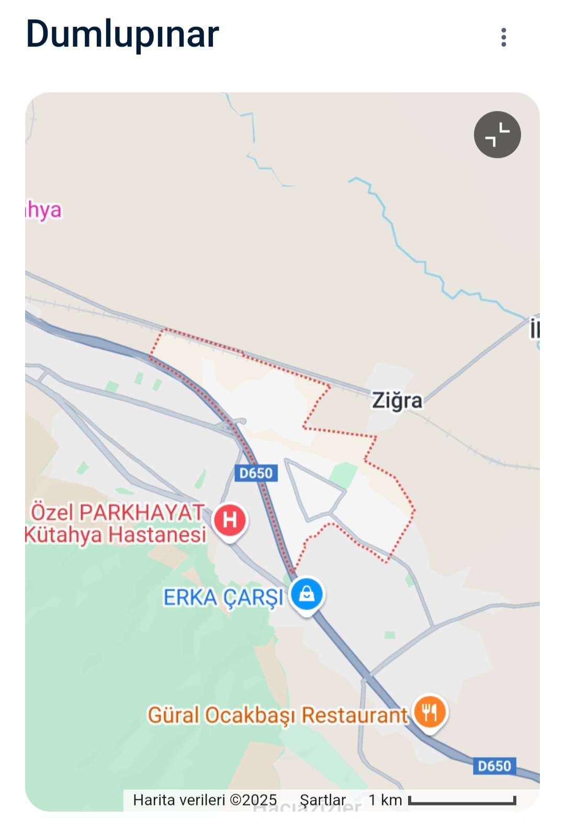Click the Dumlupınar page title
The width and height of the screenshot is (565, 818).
coord(122,35)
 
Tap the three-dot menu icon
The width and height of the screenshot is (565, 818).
coord(503,37)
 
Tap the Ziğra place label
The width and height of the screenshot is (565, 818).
coord(397,401)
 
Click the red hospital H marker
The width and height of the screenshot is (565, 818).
coord(230,520)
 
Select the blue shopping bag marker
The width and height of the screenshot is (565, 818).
coord(307,594)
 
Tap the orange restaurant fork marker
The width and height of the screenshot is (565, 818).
coord(430,712)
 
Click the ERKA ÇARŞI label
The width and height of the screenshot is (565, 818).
coord(223,598)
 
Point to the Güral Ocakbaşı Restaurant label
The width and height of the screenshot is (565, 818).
coord(277,715)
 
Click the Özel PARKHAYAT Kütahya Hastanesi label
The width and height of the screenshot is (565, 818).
coord(117,523)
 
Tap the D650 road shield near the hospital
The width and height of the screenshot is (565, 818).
coord(256,473)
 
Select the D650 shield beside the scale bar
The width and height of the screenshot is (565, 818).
coord(494,766)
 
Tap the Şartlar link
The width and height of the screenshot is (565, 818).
coord(323,800)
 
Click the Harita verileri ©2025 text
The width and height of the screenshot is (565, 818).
coord(205,800)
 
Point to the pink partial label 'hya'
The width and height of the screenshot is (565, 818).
coord(44,210)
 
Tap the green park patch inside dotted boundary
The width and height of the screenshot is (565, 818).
coord(343,474)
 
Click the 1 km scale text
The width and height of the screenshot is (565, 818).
coord(385,800)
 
